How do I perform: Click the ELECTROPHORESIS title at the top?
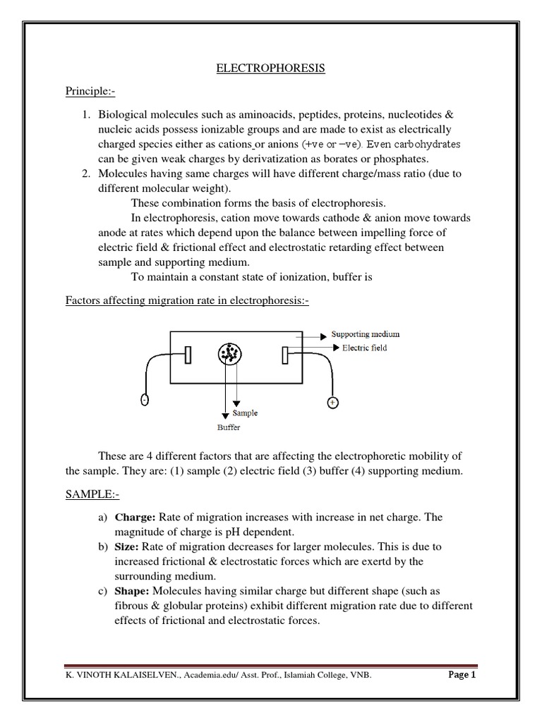coord(270,68)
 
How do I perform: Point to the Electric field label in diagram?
coord(364,348)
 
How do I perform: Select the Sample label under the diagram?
coord(245,414)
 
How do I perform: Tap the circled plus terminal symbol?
coord(332,403)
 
